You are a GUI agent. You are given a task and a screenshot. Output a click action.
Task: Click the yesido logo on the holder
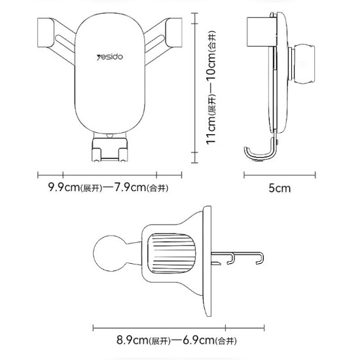[110, 57]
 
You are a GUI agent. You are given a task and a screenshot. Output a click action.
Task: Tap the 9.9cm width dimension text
[63, 187]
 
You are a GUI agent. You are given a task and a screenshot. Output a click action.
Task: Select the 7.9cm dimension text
[130, 187]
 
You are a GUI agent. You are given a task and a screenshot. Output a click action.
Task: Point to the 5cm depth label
[279, 188]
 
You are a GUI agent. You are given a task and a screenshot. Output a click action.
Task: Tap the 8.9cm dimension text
[132, 340]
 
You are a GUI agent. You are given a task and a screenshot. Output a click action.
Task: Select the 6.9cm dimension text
[198, 340]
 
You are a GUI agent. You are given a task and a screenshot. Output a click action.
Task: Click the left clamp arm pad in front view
[46, 33]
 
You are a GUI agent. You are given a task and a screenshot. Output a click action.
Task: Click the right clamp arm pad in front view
[174, 33]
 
